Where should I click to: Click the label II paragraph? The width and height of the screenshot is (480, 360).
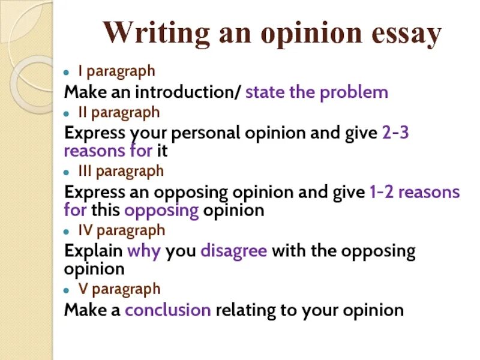tap(119, 112)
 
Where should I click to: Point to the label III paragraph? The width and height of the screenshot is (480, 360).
tap(121, 171)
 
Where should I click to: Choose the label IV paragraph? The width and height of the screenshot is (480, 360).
tap(121, 230)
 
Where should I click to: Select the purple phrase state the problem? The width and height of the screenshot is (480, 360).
tap(317, 92)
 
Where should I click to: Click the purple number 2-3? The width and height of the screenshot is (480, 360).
tap(395, 133)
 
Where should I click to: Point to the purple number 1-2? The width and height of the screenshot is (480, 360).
tap(381, 192)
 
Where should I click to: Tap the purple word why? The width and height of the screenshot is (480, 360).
tap(144, 251)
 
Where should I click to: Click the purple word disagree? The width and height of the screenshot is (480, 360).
tap(233, 251)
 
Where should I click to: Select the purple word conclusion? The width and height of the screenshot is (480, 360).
tap(167, 310)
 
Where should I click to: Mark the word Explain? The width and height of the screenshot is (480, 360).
tap(93, 251)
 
